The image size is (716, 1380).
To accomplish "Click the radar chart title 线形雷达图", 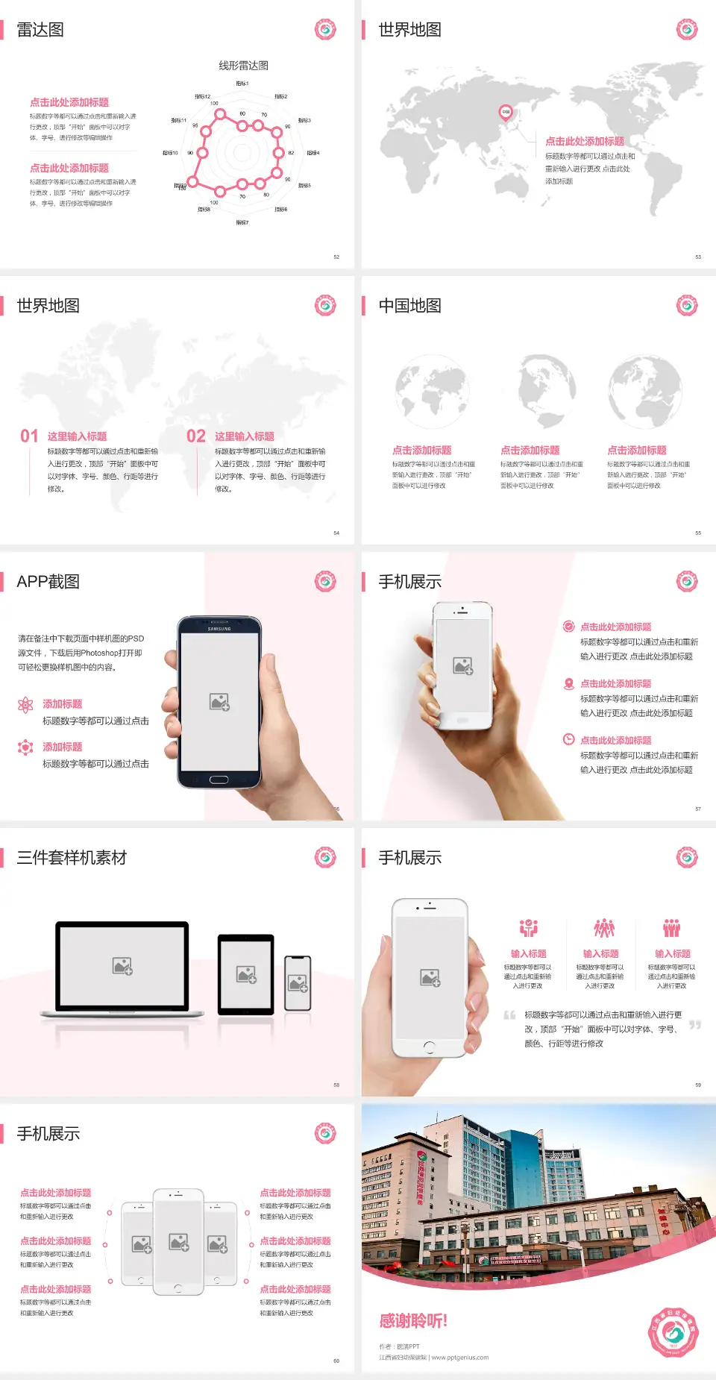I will coord(243,66).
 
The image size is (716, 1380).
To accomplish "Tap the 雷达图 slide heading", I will coord(40,30).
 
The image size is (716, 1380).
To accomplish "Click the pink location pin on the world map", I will coord(505,113).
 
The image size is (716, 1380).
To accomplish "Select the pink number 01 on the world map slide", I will coord(29,436).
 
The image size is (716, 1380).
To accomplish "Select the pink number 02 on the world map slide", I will coord(196,436).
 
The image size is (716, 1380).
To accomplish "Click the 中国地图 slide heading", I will coord(409,306).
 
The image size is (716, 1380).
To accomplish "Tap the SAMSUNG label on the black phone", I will coord(219,629).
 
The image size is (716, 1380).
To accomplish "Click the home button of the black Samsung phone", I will coord(219,780).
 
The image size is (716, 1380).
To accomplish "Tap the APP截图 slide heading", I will coord(48,582).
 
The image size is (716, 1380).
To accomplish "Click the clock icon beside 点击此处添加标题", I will coord(568,739).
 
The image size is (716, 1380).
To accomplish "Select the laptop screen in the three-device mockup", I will coord(122,965).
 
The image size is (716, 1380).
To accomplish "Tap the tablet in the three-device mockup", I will coord(246,973).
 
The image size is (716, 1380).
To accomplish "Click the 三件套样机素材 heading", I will coord(72,858).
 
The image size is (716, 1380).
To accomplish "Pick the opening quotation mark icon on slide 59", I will coord(509,1015).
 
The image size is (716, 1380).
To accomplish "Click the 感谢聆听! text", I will coord(413,1321).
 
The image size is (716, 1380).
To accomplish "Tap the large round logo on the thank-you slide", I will coord(673,1332).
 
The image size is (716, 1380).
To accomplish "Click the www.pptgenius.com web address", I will coord(459,1358).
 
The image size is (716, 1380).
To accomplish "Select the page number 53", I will coord(698,257).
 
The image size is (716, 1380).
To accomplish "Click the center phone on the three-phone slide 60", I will coord(178,1241).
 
